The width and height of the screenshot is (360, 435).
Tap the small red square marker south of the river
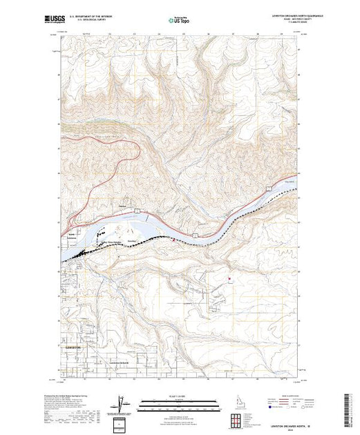click(x=228, y=279)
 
